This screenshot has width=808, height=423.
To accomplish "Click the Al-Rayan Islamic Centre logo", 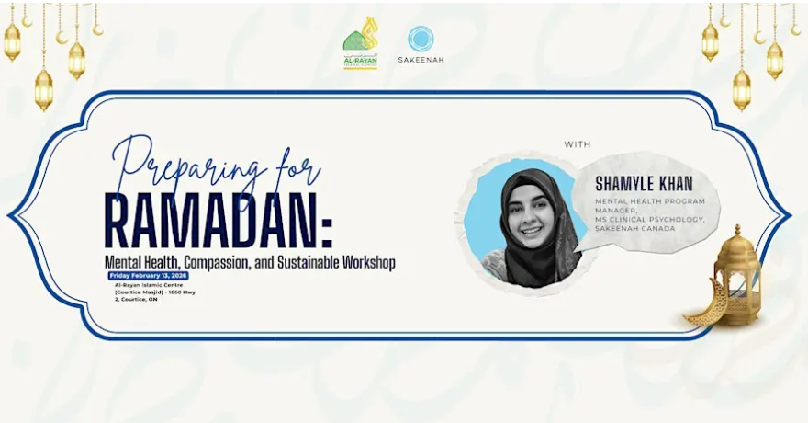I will pos(360,43).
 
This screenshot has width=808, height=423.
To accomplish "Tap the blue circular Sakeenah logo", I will pos(421,39).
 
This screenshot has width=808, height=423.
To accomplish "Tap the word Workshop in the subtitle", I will pos(365,262).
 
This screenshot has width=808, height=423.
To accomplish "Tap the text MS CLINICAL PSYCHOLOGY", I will pos(649,219).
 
